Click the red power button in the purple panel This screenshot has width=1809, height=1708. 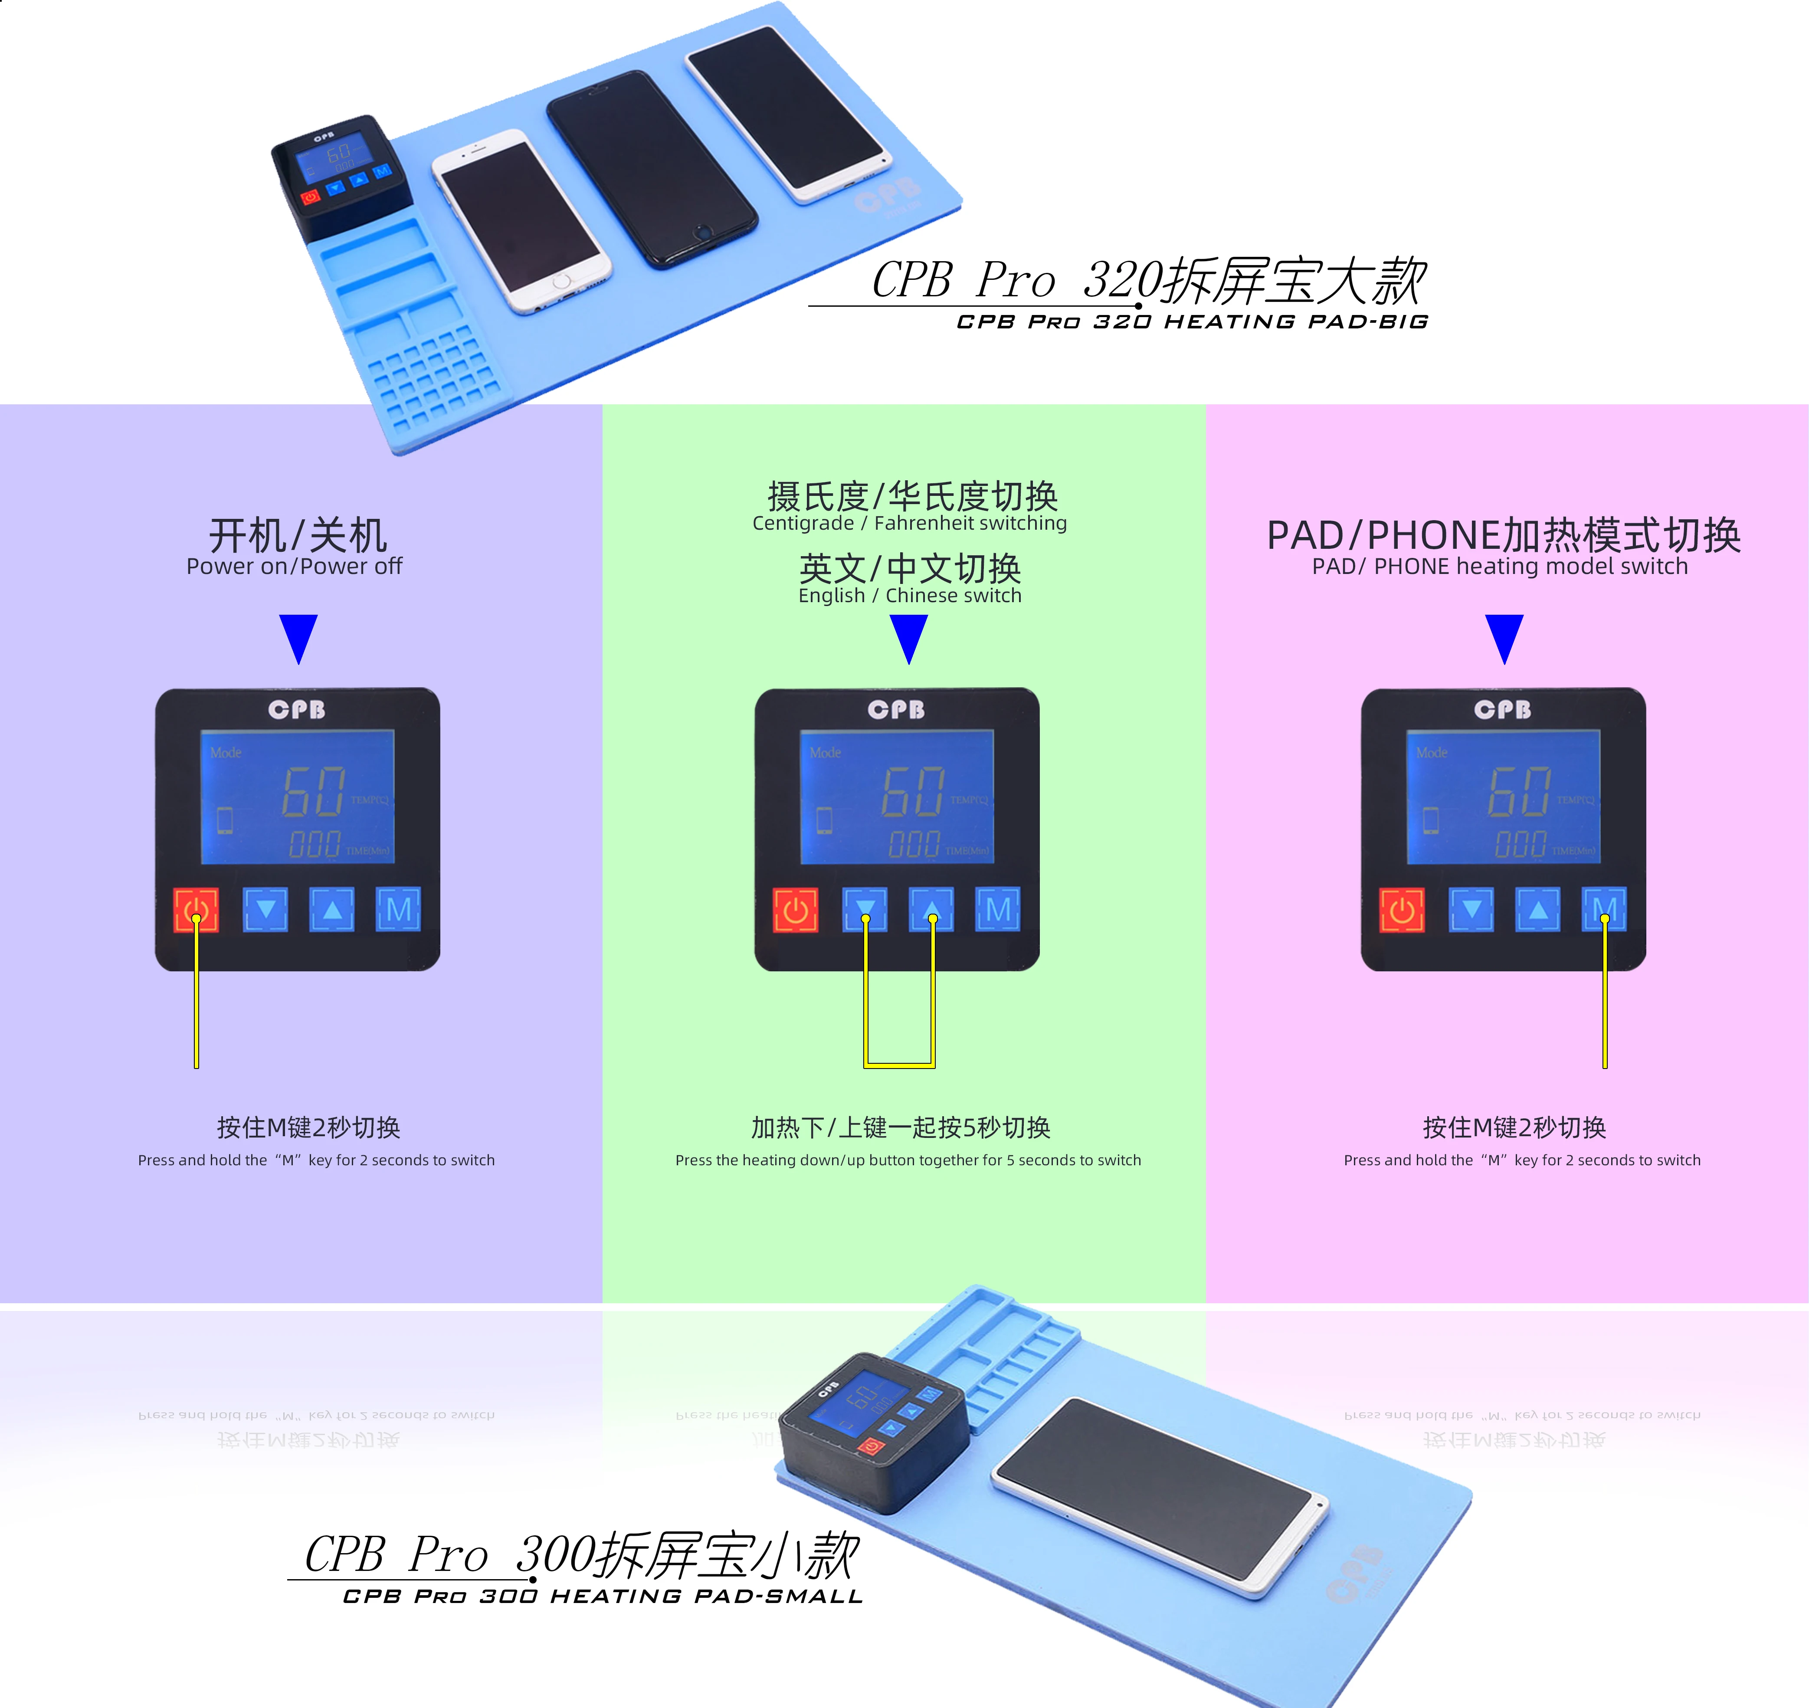coord(196,910)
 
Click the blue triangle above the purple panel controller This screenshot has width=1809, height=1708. coord(298,637)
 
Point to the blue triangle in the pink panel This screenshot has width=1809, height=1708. coord(1504,637)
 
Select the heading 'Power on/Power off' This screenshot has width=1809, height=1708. coord(294,566)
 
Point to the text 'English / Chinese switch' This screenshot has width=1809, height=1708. coord(910,595)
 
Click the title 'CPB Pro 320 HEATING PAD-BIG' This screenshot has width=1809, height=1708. coord(1192,321)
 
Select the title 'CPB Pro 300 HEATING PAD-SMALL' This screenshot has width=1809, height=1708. coord(603,1596)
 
